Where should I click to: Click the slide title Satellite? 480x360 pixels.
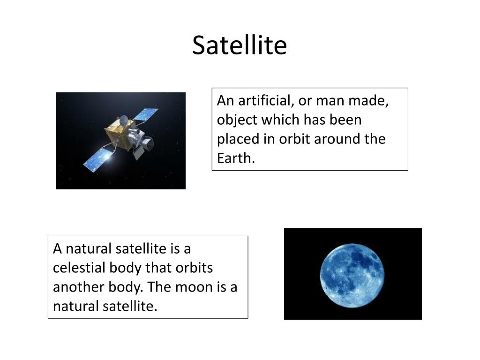point(240,45)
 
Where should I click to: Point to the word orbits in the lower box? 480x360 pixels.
point(194,268)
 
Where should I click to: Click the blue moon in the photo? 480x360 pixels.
point(352,276)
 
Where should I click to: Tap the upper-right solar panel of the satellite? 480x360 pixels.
point(145,114)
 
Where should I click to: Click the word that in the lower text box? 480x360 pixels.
point(158,268)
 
